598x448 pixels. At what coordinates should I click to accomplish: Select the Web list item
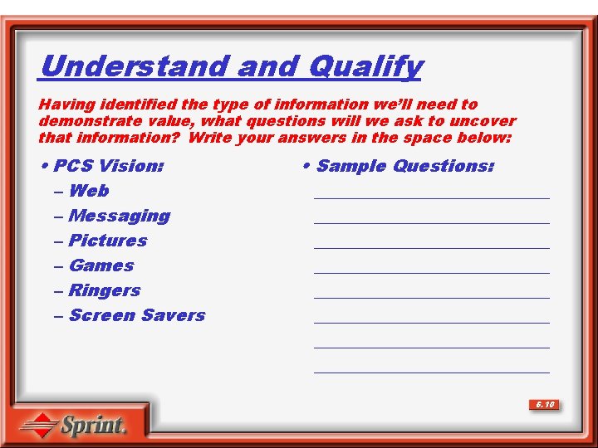click(x=89, y=191)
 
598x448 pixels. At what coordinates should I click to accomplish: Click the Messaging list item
click(x=120, y=216)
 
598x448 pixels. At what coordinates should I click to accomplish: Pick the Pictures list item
click(x=108, y=241)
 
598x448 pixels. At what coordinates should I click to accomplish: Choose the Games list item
click(x=101, y=265)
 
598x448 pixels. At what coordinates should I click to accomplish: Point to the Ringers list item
click(x=105, y=290)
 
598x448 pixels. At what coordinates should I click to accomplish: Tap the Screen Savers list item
click(x=137, y=315)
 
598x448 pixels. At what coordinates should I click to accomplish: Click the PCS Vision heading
click(x=108, y=166)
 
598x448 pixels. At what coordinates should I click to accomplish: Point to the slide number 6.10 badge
click(x=545, y=405)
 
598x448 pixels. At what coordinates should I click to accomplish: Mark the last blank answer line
click(x=432, y=371)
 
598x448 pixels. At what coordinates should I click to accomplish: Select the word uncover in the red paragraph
click(x=485, y=121)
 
